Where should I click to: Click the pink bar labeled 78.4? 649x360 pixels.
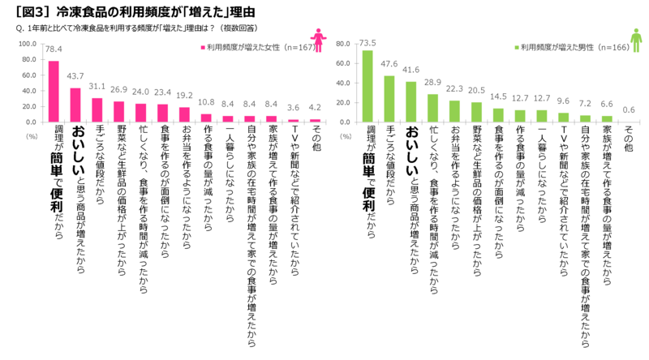click(54, 91)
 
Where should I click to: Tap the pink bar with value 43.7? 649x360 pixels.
click(75, 105)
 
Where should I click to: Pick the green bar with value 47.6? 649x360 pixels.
click(389, 97)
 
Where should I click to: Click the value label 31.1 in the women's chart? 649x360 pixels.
click(97, 86)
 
